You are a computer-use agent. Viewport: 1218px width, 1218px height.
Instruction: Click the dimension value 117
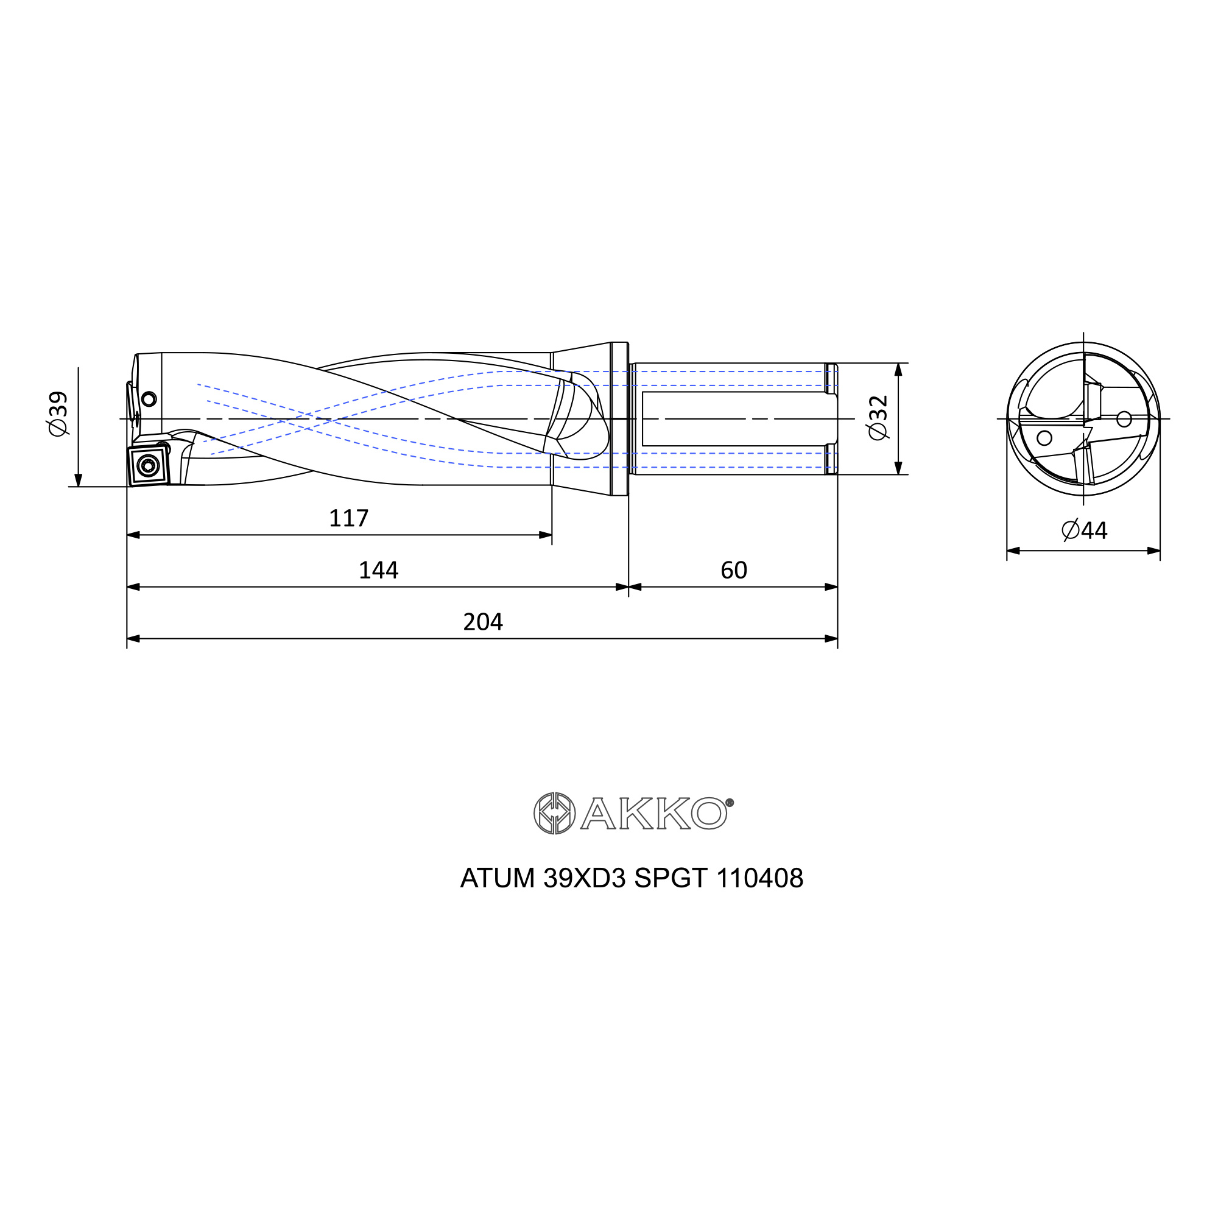[x=348, y=518]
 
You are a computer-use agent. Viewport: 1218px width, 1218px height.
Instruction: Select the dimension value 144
[x=378, y=571]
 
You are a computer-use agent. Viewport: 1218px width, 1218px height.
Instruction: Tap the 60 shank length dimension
[x=734, y=571]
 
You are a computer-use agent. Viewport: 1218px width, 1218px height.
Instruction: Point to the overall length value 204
[x=483, y=622]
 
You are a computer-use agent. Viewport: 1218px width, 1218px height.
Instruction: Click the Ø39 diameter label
[x=58, y=414]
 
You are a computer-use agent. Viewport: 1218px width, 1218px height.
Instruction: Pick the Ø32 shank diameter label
[x=878, y=418]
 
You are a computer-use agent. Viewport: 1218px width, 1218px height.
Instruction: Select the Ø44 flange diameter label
[x=1085, y=530]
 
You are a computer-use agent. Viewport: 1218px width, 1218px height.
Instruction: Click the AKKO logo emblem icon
[x=554, y=813]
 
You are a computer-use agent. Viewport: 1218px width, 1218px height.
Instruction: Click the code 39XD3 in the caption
[x=584, y=878]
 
